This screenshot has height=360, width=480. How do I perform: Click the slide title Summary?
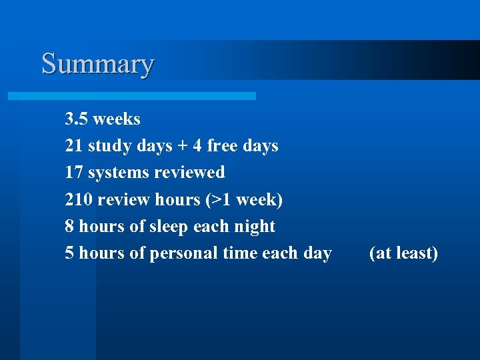pyautogui.click(x=97, y=64)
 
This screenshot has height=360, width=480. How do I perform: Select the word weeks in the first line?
pyautogui.click(x=117, y=119)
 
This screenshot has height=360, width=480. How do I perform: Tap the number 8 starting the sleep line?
pyautogui.click(x=69, y=226)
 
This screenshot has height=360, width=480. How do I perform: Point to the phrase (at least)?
pyautogui.click(x=403, y=253)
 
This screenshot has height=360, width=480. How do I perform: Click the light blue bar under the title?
pyautogui.click(x=131, y=96)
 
